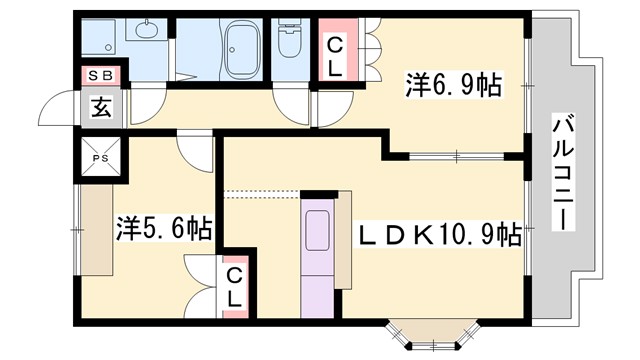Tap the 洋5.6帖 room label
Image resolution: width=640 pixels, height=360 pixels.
[x=162, y=229]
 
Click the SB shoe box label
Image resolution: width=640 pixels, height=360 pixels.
[x=100, y=75]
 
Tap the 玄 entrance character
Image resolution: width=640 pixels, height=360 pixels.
[x=101, y=106]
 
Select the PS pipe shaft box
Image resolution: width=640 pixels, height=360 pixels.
[x=102, y=158]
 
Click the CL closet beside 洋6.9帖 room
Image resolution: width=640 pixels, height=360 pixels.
[x=336, y=56]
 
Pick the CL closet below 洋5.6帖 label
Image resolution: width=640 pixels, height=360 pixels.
[x=233, y=286]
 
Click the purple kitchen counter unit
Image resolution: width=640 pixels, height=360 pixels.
[x=316, y=255]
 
